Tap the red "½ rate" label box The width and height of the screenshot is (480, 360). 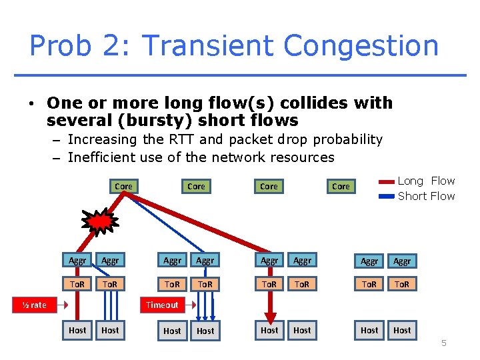(x=34, y=305)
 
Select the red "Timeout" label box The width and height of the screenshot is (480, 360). (x=162, y=305)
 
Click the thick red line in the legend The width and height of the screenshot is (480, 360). (x=386, y=181)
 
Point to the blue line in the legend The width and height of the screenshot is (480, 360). (x=386, y=197)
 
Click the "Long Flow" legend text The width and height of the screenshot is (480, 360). (x=426, y=181)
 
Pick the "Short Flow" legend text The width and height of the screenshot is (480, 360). (x=426, y=196)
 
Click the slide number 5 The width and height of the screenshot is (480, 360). (x=443, y=343)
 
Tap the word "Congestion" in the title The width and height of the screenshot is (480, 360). (x=361, y=46)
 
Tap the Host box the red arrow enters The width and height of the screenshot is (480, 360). (x=269, y=330)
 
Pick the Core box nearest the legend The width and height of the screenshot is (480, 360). (x=341, y=187)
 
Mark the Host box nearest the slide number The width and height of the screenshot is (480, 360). (x=402, y=330)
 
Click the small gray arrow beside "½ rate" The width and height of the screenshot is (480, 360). (x=62, y=305)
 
